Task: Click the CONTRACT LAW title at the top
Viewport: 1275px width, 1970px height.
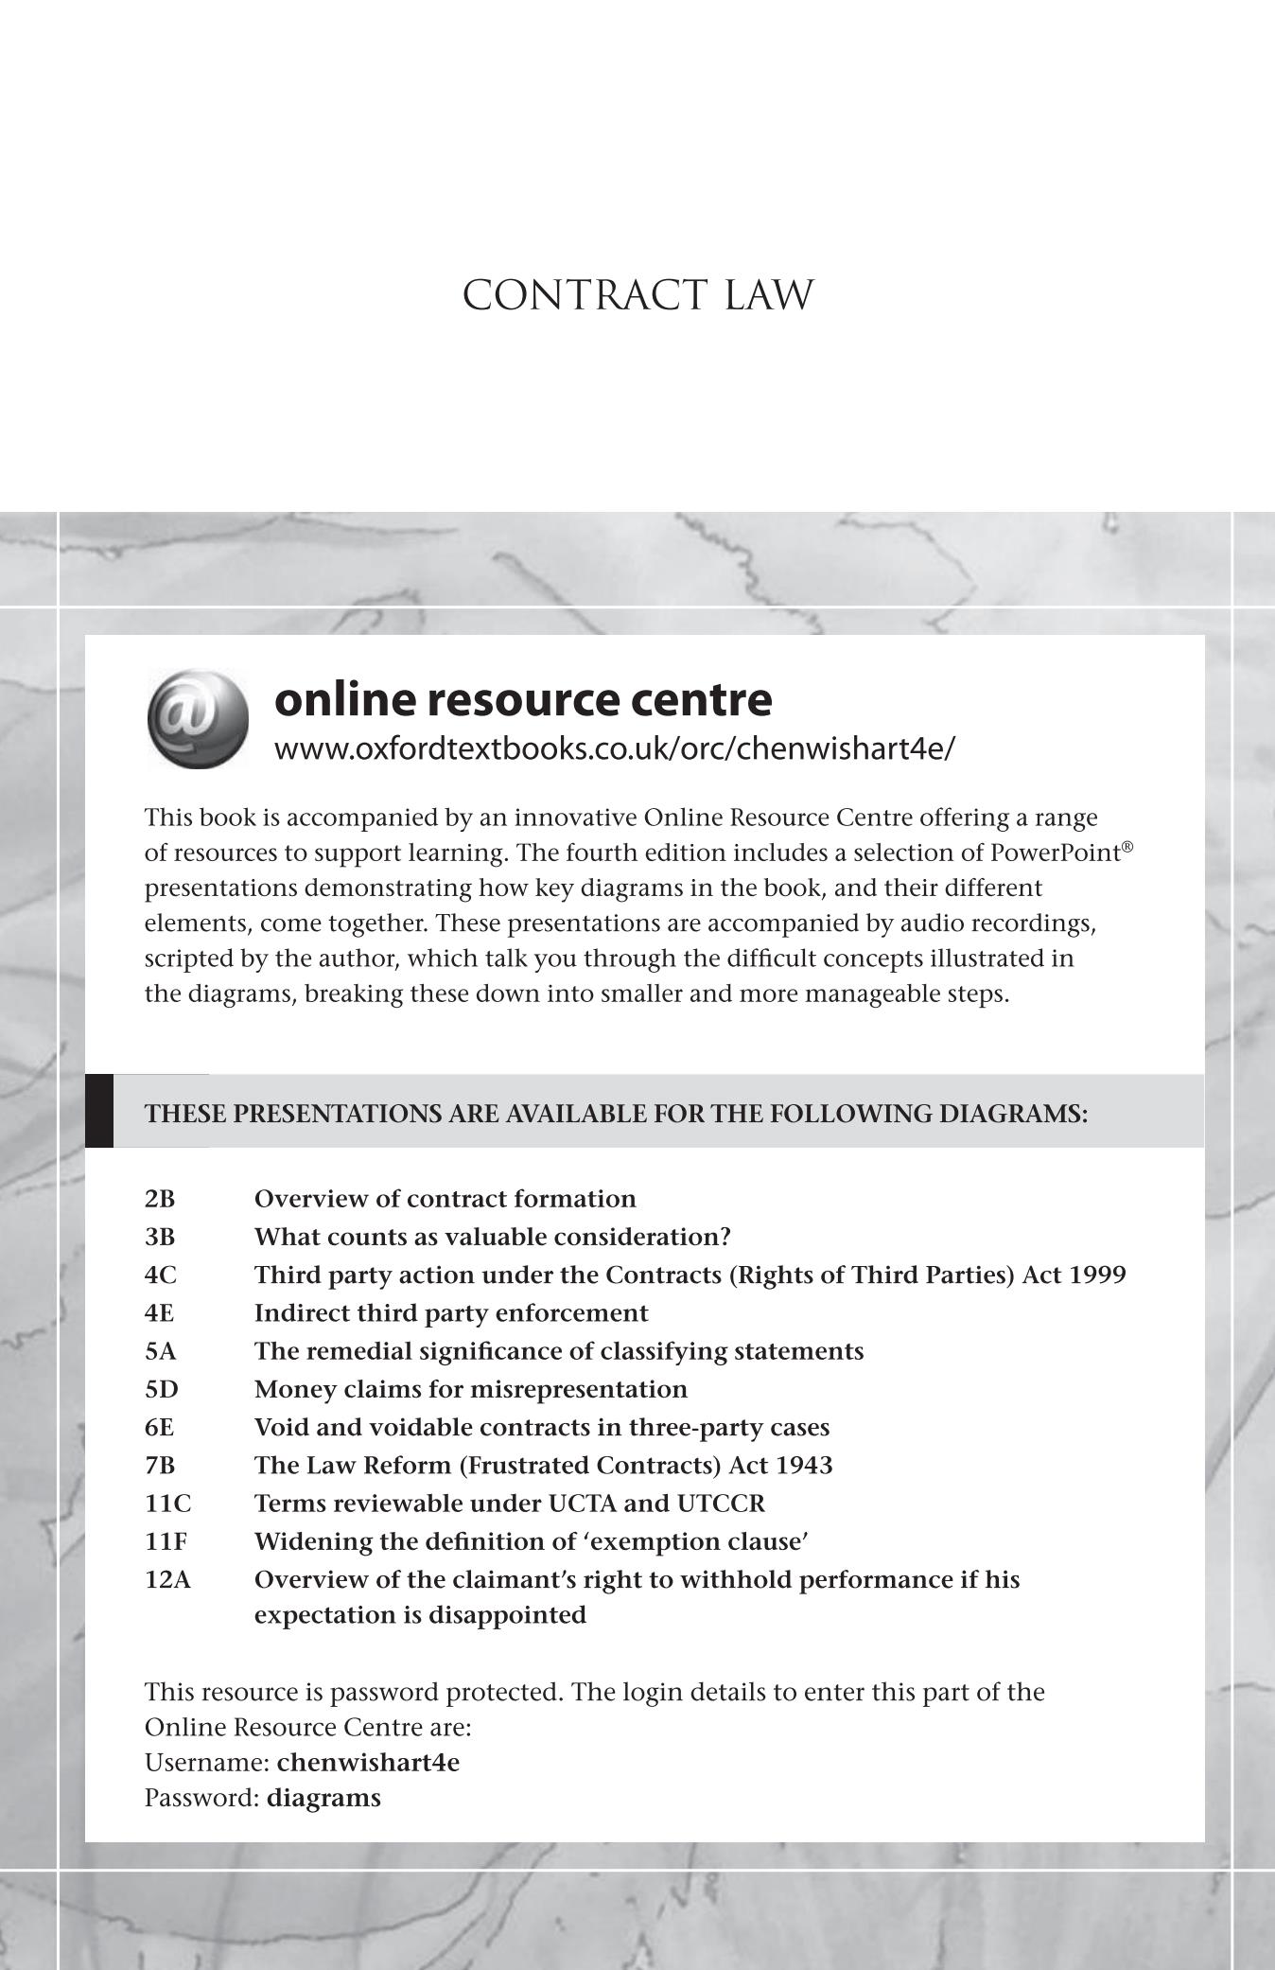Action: coord(637,295)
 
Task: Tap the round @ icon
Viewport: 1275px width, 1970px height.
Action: coord(198,718)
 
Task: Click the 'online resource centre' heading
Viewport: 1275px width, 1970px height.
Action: coord(522,700)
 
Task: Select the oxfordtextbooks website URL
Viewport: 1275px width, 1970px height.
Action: coord(615,748)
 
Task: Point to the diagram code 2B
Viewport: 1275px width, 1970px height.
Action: coord(160,1199)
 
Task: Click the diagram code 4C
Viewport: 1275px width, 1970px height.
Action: coord(160,1275)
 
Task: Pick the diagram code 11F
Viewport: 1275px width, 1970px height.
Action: coord(166,1541)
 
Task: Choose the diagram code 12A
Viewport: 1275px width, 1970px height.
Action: coord(167,1579)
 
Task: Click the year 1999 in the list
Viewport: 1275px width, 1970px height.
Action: coord(1096,1275)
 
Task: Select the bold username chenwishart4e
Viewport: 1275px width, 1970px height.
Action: coord(368,1763)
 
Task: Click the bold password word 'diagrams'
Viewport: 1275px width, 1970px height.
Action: coord(323,1798)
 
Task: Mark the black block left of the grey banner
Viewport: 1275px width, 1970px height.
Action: coord(99,1111)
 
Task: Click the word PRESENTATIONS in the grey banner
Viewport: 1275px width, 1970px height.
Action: coord(336,1114)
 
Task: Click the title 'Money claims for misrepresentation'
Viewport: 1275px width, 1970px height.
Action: coord(470,1389)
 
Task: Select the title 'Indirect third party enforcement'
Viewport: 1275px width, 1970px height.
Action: coord(451,1313)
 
